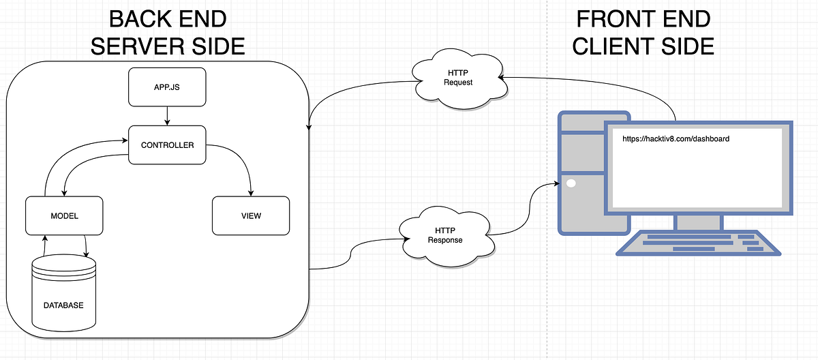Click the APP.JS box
coord(167,88)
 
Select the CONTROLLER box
coord(167,145)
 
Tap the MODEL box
coord(64,215)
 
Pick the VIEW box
coord(251,215)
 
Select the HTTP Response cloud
coord(444,235)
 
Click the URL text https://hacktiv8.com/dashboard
coord(676,139)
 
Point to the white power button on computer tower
coord(571,183)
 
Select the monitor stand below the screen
coord(697,222)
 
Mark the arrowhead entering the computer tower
coord(555,183)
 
